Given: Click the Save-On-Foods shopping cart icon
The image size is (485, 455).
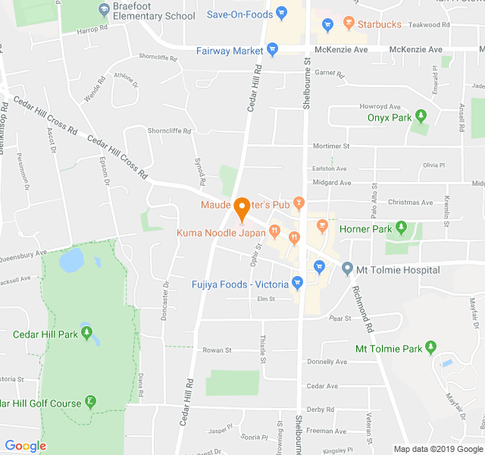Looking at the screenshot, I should click(x=281, y=13).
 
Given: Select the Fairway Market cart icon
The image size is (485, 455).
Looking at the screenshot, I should click(x=273, y=50).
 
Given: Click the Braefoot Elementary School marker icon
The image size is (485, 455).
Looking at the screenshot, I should click(x=104, y=10).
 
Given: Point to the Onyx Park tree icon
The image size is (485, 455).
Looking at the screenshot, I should click(x=421, y=117).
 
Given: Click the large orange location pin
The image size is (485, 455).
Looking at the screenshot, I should click(x=242, y=207).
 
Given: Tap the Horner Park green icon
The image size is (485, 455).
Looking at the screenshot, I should click(x=402, y=228).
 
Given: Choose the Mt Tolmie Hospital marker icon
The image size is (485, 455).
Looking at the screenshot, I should click(x=347, y=269).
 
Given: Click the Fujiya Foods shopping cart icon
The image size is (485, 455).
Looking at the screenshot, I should click(x=298, y=284).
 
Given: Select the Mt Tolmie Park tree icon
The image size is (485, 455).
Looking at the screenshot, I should click(x=431, y=348).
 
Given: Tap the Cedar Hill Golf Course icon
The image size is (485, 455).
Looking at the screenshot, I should click(x=91, y=402).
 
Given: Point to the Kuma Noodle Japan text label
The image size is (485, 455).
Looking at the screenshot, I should click(x=221, y=233).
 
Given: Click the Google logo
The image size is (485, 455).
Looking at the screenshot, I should click(x=26, y=446).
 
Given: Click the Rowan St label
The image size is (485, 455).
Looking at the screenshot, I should click(x=217, y=350).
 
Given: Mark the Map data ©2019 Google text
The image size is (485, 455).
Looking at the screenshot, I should click(x=436, y=448).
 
